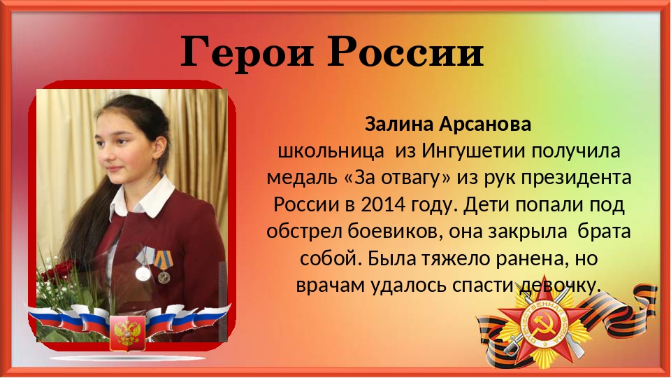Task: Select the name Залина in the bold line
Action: tap(399, 125)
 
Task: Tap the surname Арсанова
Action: tap(485, 125)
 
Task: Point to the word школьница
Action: tap(331, 151)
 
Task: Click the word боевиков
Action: tap(394, 232)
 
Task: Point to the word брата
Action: tap(604, 232)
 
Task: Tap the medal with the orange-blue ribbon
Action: tap(163, 267)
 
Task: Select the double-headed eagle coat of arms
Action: tap(127, 332)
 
